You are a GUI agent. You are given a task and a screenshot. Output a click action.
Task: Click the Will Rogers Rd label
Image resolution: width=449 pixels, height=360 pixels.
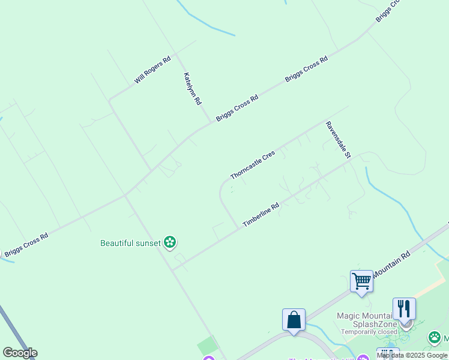click(152, 70)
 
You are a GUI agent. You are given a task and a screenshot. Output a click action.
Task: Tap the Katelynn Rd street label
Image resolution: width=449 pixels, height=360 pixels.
click(192, 89)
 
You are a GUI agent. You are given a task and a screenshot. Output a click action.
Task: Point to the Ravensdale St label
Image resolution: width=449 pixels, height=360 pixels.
click(337, 140)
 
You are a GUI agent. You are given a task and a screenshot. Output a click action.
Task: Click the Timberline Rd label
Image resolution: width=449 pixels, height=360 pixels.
click(261, 214)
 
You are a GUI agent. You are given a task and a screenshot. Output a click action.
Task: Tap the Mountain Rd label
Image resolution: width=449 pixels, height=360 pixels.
click(391, 264)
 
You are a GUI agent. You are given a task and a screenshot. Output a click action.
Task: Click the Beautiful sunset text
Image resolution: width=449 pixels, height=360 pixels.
click(131, 243)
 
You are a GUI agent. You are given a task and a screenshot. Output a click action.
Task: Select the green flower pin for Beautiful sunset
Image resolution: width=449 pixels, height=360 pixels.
click(170, 242)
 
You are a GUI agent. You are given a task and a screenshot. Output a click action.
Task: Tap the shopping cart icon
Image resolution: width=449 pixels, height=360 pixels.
click(361, 281)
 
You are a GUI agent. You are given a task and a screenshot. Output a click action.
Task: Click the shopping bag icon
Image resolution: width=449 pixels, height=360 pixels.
click(294, 319)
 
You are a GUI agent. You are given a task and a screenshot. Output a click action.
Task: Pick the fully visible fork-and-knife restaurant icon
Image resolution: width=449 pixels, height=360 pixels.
click(404, 308)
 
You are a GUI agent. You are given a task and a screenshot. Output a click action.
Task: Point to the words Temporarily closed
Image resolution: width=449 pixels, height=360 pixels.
click(369, 332)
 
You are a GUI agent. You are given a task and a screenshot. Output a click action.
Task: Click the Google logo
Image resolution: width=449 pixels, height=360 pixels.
click(20, 353)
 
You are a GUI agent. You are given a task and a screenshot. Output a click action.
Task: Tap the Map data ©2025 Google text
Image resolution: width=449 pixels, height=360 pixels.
click(412, 356)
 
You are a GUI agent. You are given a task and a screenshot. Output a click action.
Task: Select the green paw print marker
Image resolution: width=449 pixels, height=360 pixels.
click(435, 338)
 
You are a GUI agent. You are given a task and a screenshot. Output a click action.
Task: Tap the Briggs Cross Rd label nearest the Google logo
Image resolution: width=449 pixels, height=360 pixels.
click(26, 245)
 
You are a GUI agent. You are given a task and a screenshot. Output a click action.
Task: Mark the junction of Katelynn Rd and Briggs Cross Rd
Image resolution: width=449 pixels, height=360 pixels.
click(211, 122)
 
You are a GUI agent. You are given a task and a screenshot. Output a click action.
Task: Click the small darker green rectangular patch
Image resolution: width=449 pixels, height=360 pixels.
click(206, 346)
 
